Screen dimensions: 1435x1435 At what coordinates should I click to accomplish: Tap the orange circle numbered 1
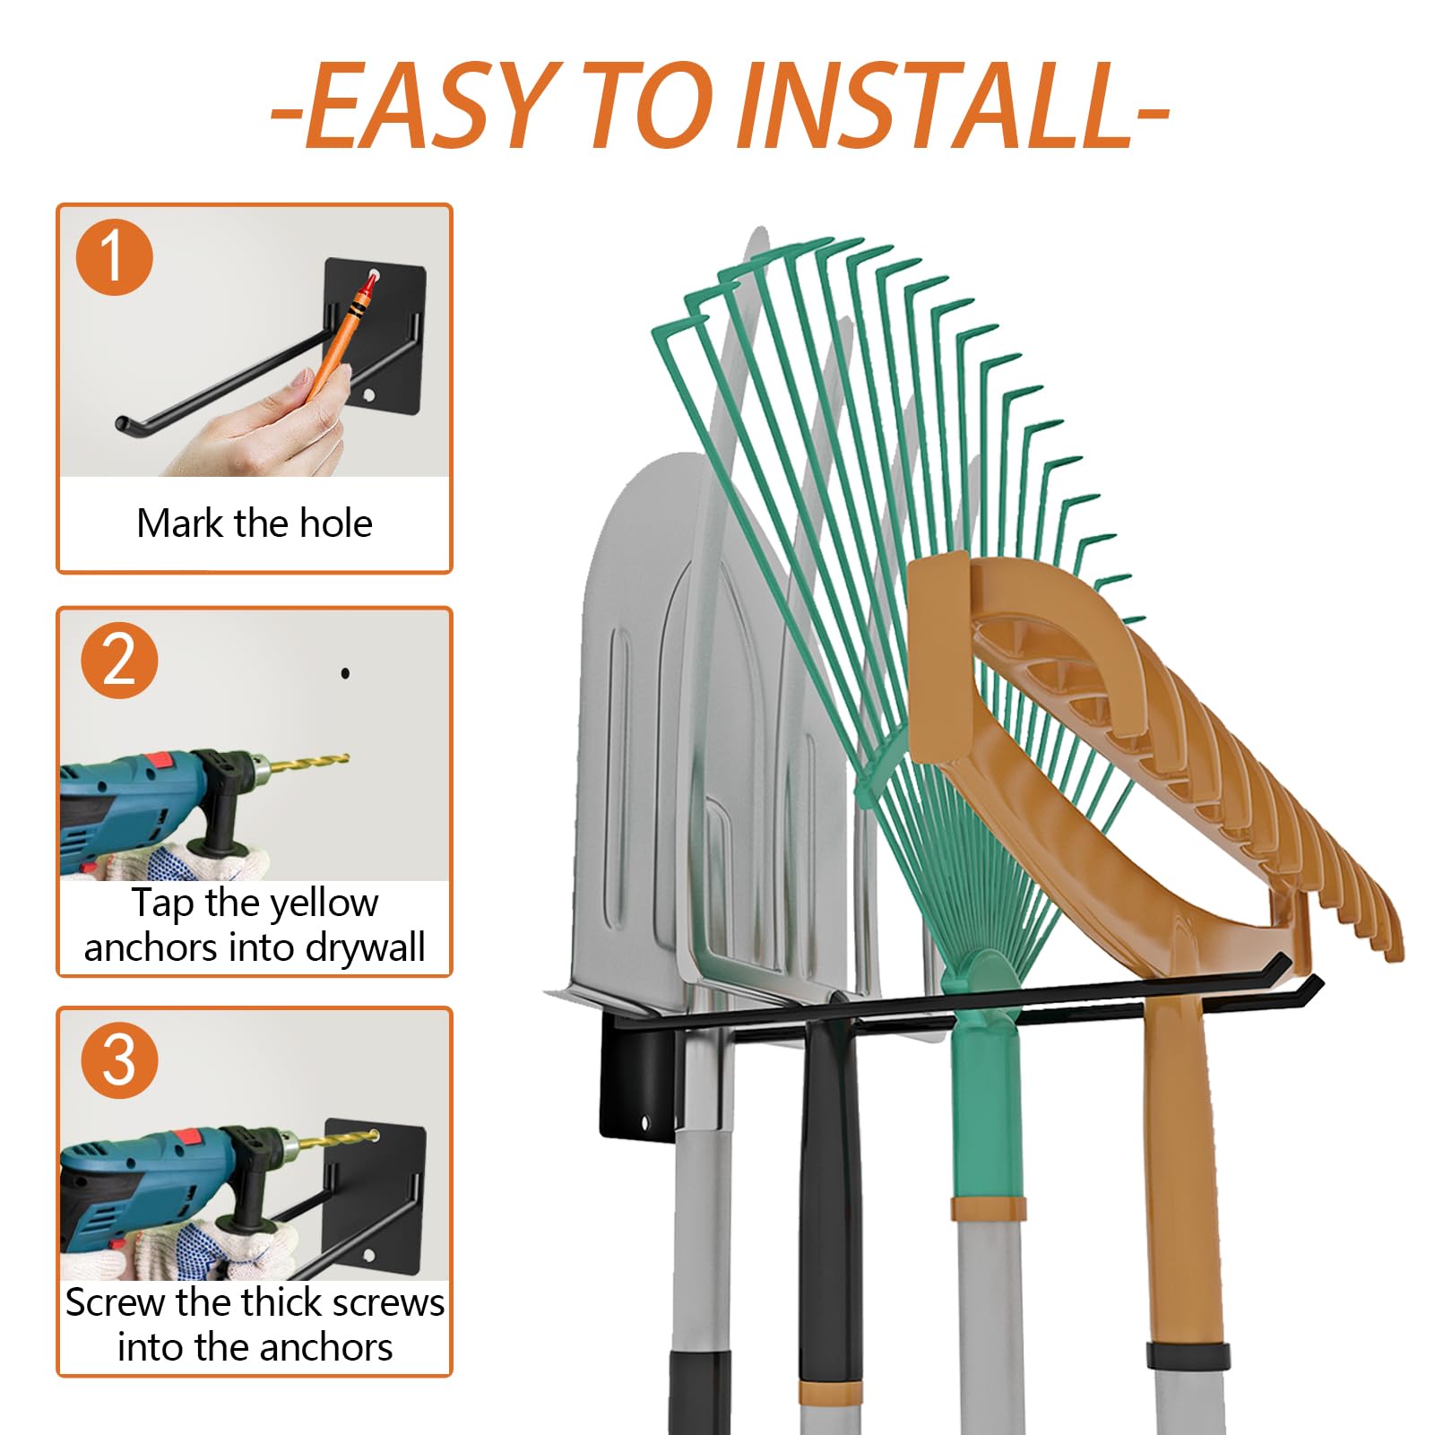click(x=114, y=256)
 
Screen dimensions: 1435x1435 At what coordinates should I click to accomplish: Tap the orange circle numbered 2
click(x=119, y=660)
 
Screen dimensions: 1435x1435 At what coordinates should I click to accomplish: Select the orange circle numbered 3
click(x=119, y=1060)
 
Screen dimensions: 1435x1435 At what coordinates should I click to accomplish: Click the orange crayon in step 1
click(x=341, y=337)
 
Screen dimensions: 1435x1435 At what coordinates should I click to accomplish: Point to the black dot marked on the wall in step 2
click(x=345, y=673)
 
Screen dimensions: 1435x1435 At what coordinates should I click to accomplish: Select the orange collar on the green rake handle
click(x=987, y=1206)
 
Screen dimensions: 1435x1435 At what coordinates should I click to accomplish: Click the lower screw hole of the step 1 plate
click(x=368, y=394)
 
